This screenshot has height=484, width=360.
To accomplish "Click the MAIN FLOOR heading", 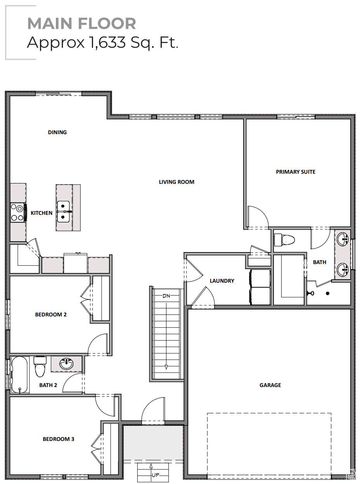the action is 81,23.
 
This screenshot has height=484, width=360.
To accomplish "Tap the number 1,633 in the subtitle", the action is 107,42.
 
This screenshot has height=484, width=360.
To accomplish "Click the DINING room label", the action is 57,132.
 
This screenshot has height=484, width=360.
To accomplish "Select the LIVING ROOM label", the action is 177,182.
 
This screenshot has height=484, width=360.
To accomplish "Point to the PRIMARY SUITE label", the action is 296,172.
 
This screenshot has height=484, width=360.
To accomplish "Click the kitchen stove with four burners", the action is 18,212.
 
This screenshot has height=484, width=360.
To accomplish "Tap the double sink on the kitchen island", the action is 64,212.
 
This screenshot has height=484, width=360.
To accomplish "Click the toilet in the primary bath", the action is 284,240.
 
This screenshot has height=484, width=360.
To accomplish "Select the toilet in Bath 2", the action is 40,366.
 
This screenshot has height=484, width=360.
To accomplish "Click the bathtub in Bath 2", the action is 19,375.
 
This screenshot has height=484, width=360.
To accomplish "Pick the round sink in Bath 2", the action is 67,364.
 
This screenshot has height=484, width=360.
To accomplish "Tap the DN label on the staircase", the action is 166,296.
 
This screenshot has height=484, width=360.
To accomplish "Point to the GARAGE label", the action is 270,385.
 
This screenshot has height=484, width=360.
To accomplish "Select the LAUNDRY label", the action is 222,281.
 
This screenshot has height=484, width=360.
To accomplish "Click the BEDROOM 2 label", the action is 51,315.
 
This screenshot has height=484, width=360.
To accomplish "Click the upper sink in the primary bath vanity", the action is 343,239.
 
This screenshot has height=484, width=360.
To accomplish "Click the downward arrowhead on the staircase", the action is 166,367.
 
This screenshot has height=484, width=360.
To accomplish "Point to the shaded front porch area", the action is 153,443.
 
